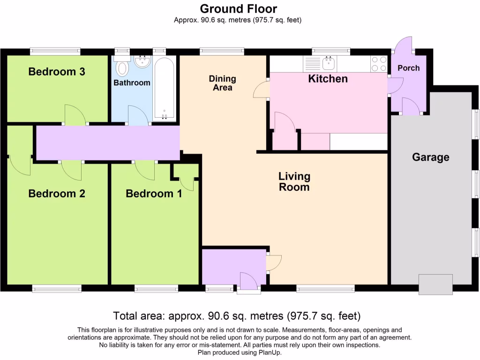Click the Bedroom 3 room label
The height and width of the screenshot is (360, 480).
(x=57, y=72)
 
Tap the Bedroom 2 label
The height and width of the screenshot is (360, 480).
(x=57, y=194)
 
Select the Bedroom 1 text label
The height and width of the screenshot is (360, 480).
(x=154, y=194)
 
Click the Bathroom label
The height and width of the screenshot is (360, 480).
(x=132, y=82)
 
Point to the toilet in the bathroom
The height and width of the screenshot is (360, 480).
(x=122, y=66)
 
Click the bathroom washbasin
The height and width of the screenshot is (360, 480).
(x=142, y=61)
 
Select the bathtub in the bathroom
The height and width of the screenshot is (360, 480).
(x=165, y=88)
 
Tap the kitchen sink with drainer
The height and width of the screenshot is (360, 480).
(x=320, y=64)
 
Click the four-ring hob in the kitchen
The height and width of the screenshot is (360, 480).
(x=379, y=64)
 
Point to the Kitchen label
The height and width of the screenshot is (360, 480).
(x=328, y=79)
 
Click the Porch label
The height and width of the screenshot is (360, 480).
(x=409, y=68)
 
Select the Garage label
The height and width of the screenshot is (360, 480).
(x=431, y=157)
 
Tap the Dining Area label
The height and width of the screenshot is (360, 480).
(x=223, y=83)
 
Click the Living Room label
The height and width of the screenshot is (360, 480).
(x=294, y=181)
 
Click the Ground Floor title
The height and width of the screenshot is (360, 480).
(x=239, y=9)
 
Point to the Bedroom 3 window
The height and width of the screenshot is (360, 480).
(x=55, y=52)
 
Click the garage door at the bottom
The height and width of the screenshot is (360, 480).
(x=435, y=285)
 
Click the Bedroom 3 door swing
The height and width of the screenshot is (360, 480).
(x=75, y=115)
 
